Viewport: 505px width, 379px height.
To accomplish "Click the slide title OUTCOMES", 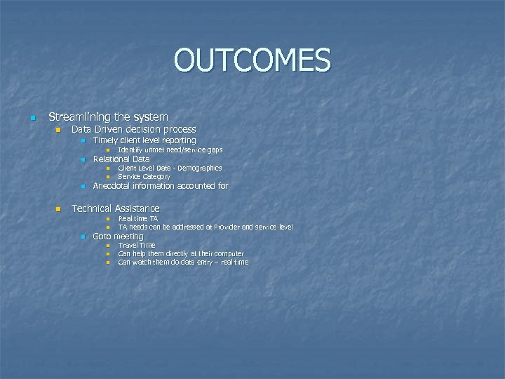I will pyautogui.click(x=252, y=60).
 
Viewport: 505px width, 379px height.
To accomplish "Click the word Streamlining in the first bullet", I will pyautogui.click(x=77, y=117).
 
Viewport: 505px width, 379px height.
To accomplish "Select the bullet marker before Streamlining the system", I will pyautogui.click(x=32, y=118).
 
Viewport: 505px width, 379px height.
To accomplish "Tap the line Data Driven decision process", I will pyautogui.click(x=133, y=129).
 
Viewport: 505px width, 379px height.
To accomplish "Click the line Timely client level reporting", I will pyautogui.click(x=144, y=140).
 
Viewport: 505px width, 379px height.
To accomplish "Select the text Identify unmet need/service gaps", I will pyautogui.click(x=170, y=150).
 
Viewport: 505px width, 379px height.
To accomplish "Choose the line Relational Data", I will pyautogui.click(x=121, y=159).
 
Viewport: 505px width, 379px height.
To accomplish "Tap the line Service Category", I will pyautogui.click(x=144, y=177).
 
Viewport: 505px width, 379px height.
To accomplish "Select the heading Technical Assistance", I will pyautogui.click(x=115, y=208).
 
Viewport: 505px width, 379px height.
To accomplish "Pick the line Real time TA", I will pyautogui.click(x=137, y=219).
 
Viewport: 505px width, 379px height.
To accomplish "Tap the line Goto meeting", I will pyautogui.click(x=118, y=237).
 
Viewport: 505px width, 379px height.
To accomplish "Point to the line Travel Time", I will pyautogui.click(x=136, y=246).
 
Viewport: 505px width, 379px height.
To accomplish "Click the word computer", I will pyautogui.click(x=229, y=254).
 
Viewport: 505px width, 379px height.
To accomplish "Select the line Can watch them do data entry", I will pyautogui.click(x=182, y=262).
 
